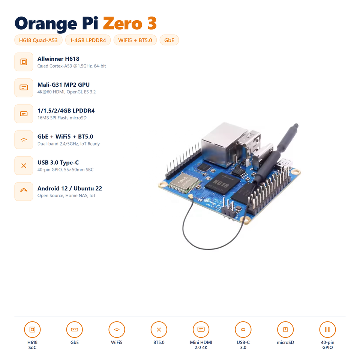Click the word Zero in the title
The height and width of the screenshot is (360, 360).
pyautogui.click(x=123, y=23)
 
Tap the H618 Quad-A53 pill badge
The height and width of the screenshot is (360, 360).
pyautogui.click(x=38, y=40)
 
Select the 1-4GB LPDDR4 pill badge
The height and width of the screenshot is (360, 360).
pyautogui.click(x=88, y=40)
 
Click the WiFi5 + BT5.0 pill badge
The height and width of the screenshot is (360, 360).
pyautogui.click(x=135, y=40)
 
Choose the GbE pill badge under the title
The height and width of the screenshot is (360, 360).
pyautogui.click(x=169, y=40)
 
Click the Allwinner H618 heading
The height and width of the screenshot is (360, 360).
pyautogui.click(x=58, y=59)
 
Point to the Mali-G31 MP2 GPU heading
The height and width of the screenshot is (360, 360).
pyautogui.click(x=64, y=85)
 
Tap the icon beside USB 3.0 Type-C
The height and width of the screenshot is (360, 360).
pyautogui.click(x=24, y=165)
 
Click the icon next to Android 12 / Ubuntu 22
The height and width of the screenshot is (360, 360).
pyautogui.click(x=24, y=192)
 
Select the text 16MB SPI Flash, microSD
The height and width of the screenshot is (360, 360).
pyautogui.click(x=62, y=118)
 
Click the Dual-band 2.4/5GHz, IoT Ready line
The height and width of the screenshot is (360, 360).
pyautogui.click(x=69, y=144)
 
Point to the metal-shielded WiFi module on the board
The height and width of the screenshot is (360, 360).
pyautogui.click(x=184, y=182)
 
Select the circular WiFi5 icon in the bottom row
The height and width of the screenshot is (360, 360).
pyautogui.click(x=117, y=330)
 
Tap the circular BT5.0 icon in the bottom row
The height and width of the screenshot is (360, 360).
pyautogui.click(x=159, y=330)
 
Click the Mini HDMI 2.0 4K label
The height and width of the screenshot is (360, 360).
pyautogui.click(x=201, y=345)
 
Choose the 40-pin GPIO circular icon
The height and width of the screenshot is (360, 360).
pyautogui.click(x=328, y=330)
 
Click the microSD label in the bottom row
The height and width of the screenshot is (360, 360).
pyautogui.click(x=285, y=342)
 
